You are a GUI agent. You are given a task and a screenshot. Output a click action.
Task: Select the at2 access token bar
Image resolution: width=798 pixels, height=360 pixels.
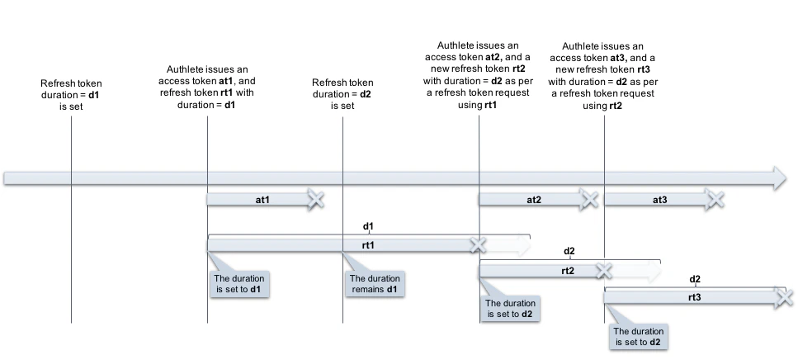pos(532,199)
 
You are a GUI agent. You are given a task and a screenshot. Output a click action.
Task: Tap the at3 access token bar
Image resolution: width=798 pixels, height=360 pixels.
pos(659,199)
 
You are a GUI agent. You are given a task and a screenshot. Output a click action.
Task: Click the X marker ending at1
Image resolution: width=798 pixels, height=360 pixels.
pos(315,199)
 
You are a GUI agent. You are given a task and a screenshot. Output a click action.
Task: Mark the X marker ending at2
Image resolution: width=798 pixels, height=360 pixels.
pos(588,199)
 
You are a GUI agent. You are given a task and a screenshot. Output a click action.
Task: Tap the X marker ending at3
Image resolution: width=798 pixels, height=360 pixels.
pos(715,199)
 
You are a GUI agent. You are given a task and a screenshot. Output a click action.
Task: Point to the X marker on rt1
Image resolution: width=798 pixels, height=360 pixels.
pos(477,245)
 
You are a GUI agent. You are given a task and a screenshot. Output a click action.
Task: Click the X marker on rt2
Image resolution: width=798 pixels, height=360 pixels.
pos(604,271)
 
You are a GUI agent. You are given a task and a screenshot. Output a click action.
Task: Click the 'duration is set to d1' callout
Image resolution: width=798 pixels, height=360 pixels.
pos(240,283)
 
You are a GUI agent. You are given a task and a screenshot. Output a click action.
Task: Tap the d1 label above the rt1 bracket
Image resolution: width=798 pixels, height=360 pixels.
pos(369,225)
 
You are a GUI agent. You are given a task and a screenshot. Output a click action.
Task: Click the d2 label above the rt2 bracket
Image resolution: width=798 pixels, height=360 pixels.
pos(569,251)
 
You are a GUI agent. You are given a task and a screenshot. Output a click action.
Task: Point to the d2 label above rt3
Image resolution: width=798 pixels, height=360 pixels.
pos(695,279)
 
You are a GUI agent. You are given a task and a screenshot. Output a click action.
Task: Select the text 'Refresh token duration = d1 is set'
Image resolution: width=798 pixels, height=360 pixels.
pos(71,95)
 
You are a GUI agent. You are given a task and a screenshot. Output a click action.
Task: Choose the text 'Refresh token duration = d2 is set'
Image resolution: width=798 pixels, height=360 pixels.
pos(342,94)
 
